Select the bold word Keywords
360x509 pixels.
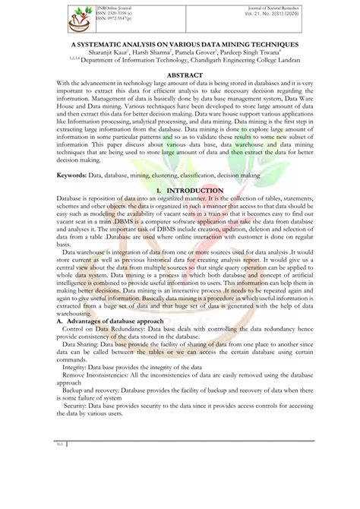[36, 175]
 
